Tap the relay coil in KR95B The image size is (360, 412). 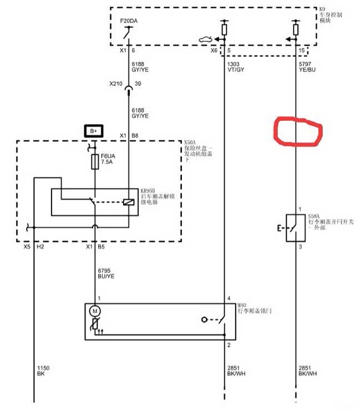(x=129, y=202)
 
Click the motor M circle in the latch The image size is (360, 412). (x=95, y=312)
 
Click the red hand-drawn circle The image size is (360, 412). (x=298, y=131)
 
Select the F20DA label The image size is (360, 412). (x=129, y=21)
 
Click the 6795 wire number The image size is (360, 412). (x=104, y=270)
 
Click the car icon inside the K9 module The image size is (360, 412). (x=205, y=39)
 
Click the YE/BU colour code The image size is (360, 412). (x=307, y=71)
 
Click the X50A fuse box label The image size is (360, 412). (x=190, y=142)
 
